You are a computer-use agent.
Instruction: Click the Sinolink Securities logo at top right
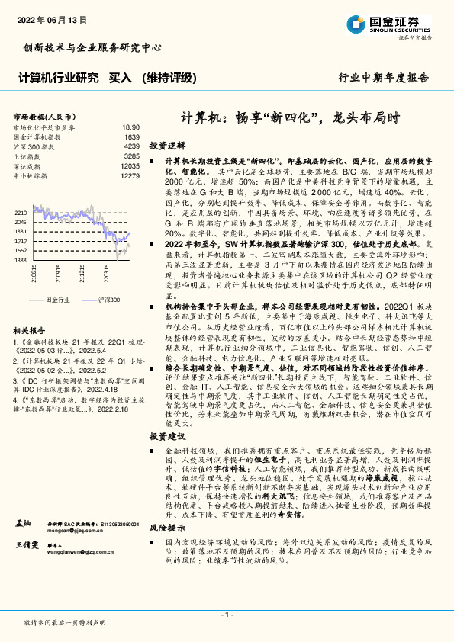(x=389, y=24)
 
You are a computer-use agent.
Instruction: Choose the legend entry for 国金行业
(x=58, y=301)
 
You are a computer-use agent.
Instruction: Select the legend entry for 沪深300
(x=107, y=301)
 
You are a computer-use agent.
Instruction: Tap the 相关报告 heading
(x=31, y=330)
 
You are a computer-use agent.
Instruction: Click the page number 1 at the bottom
(x=227, y=614)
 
